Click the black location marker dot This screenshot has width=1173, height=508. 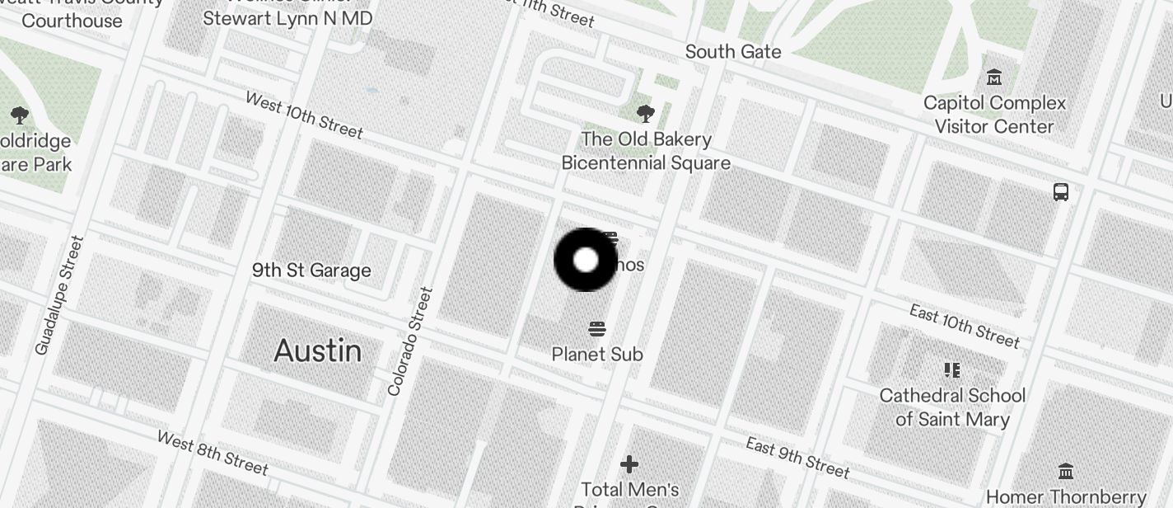click(585, 260)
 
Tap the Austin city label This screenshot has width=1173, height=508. click(318, 351)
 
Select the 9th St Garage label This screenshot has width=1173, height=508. click(311, 270)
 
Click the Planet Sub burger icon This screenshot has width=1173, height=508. click(597, 330)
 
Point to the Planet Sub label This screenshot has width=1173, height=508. click(597, 354)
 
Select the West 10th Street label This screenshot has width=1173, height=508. click(304, 115)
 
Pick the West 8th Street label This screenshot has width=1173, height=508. click(213, 453)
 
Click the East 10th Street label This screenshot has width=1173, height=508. click(965, 325)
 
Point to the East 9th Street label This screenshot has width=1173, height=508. click(797, 458)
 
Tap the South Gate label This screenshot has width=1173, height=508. click(733, 52)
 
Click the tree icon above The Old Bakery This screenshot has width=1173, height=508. click(646, 113)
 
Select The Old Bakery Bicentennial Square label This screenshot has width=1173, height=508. click(646, 151)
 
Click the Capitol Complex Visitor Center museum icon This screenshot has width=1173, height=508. click(994, 78)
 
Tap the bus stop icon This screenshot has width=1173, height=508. click(1061, 192)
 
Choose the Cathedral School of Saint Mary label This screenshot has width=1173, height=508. click(952, 407)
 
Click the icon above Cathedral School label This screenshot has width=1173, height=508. click(952, 369)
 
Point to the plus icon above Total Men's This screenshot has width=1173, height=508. click(629, 464)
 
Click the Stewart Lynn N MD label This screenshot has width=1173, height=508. click(287, 17)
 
